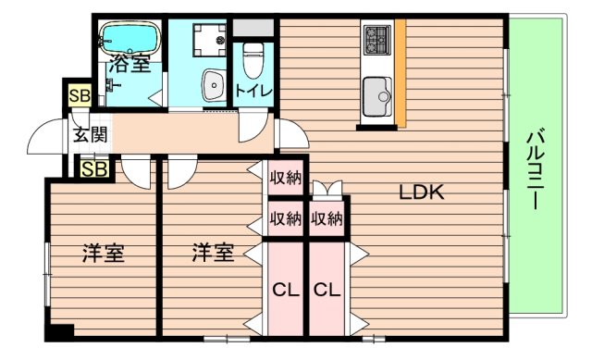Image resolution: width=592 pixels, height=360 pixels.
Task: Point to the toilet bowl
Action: point(253,61)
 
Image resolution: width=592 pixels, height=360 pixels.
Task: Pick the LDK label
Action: point(423,192)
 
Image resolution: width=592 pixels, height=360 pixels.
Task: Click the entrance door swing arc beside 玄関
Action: point(44,139)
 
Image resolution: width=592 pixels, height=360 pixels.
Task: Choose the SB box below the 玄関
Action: point(92,168)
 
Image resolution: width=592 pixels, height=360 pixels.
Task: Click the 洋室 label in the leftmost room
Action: point(104,252)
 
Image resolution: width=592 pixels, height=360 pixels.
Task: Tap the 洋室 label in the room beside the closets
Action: point(213,252)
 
